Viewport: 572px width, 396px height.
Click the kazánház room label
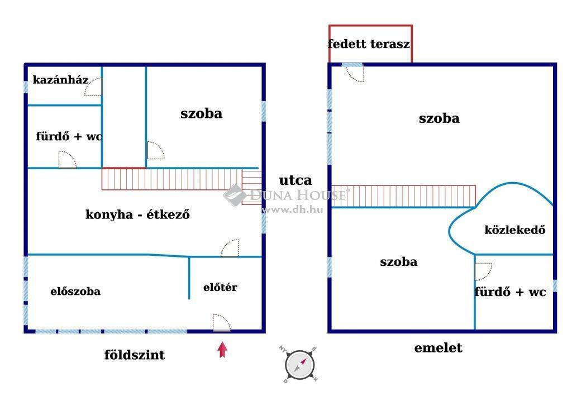coord(60,80)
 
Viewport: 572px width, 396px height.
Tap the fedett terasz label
coord(369,44)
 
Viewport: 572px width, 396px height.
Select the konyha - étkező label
coord(137,214)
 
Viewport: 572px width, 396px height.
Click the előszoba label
coord(75,292)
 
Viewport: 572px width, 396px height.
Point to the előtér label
coord(220,287)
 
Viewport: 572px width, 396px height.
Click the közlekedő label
coord(515,230)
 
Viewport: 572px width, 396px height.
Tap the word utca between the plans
coord(295,180)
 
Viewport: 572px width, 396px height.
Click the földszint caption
coord(135,355)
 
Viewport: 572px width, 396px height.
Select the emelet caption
coord(438,348)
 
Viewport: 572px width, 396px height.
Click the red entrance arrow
coord(222,350)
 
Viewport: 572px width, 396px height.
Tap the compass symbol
coord(299,364)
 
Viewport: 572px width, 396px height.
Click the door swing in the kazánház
coord(93,87)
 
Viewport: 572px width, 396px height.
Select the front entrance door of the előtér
coord(222,323)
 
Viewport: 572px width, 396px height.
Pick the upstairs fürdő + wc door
coord(483,271)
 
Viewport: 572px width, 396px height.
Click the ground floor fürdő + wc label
coord(69,136)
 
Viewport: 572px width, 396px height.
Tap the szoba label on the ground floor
coord(201,113)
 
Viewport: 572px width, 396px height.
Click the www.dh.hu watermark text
coord(292,209)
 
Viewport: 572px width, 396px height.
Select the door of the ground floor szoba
coord(155,150)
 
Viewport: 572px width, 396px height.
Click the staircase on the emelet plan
coord(403,196)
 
